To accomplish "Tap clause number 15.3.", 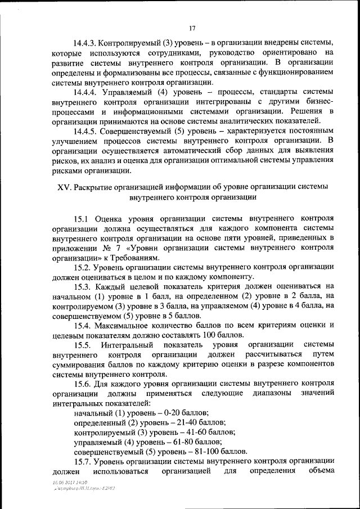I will click(84, 287).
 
